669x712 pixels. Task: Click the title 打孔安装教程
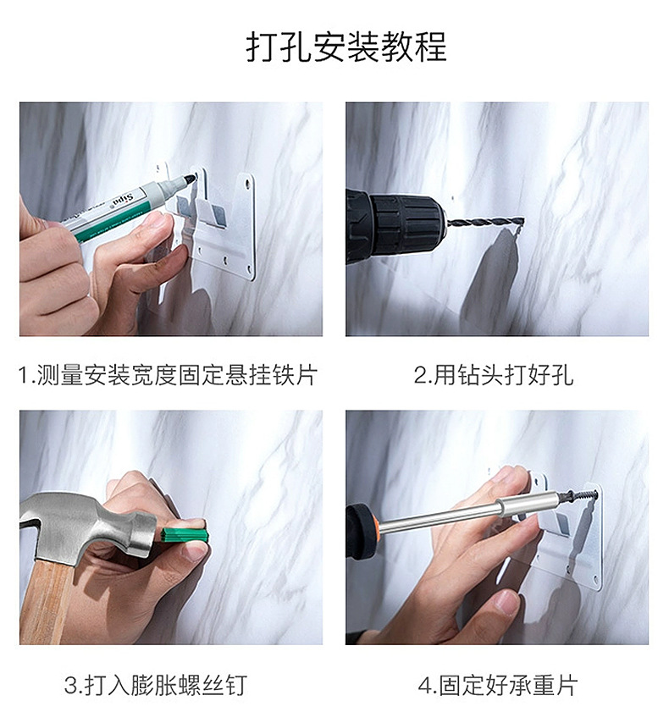[x=346, y=47]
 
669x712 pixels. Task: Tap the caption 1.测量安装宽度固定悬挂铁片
[x=168, y=376]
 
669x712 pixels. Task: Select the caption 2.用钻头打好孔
[x=493, y=376]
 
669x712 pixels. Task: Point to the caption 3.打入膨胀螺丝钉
[x=155, y=685]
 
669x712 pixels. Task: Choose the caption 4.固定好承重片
[x=497, y=685]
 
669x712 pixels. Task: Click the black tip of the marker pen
[x=189, y=179]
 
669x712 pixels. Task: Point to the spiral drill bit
[x=485, y=223]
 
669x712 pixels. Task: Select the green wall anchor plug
[x=184, y=535]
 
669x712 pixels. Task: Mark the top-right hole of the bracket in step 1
[x=247, y=184]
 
